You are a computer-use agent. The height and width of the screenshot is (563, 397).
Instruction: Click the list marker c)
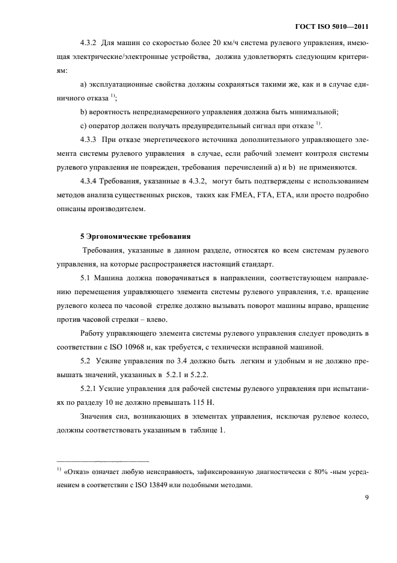[83, 125]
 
